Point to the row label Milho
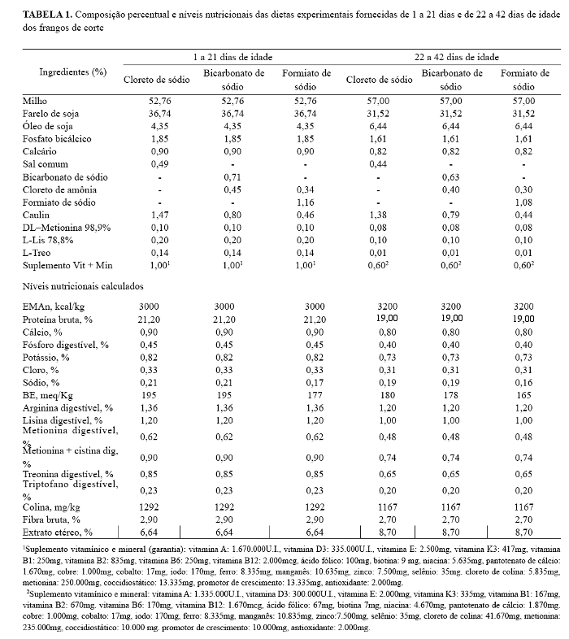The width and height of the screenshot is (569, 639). coord(35,101)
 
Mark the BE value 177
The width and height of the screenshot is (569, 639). coord(306,393)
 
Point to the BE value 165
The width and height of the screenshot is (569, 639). coord(524,393)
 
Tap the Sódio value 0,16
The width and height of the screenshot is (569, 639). coord(524,381)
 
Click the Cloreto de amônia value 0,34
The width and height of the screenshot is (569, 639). coord(306,189)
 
